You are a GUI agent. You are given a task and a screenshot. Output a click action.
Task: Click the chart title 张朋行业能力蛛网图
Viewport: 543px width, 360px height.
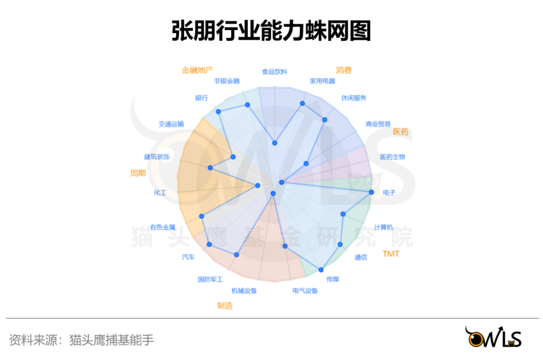tap(271, 31)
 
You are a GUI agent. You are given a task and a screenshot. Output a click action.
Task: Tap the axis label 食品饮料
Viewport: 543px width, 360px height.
tap(275, 72)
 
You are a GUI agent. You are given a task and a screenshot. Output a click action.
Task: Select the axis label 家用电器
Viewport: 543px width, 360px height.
tap(322, 81)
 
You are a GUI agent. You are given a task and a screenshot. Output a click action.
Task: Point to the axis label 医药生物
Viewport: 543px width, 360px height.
tap(392, 157)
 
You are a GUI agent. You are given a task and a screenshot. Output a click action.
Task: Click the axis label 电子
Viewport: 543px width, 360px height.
tap(389, 193)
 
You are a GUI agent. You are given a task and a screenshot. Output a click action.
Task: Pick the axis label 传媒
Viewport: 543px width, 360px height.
tap(332, 279)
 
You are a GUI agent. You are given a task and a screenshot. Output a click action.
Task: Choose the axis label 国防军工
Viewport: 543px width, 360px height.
tap(210, 279)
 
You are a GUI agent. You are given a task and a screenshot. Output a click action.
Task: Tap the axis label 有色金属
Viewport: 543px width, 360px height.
tap(162, 227)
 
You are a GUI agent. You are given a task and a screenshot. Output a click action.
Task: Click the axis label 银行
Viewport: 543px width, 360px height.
tap(202, 98)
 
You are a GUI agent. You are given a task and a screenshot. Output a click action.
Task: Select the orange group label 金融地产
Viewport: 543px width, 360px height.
tap(198, 70)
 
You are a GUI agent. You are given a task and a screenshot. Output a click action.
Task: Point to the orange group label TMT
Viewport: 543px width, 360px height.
tap(391, 254)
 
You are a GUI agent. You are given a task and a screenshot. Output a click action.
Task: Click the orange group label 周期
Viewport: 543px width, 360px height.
tap(138, 173)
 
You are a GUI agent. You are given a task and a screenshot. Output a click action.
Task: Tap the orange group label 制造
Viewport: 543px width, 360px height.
tap(225, 305)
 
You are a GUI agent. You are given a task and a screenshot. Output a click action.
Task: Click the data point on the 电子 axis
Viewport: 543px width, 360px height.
tap(372, 192)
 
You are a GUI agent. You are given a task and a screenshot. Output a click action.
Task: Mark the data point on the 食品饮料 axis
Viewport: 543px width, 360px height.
tap(275, 143)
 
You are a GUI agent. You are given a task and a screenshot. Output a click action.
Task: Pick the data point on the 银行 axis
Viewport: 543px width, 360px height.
tap(218, 111)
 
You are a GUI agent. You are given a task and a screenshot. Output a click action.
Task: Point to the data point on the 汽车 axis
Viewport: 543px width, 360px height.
tap(210, 244)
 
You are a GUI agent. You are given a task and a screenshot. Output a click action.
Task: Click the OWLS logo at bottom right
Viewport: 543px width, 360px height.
tap(493, 337)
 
